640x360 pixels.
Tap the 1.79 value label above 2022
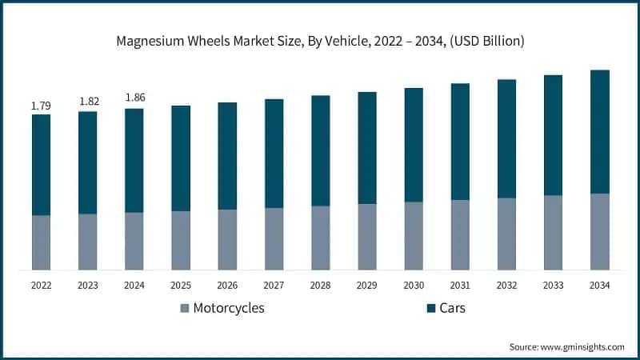tap(41, 106)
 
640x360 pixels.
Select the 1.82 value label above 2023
tap(88, 102)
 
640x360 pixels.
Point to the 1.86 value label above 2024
tap(134, 99)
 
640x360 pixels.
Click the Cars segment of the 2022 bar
tap(41, 165)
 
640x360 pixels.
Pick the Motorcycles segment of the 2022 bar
tap(41, 242)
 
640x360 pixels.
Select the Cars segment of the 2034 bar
tap(599, 132)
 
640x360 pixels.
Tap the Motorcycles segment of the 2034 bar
tap(599, 231)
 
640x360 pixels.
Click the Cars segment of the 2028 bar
tap(320, 151)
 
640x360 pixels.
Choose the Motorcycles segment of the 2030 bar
tap(414, 235)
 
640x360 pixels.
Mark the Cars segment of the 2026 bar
tap(227, 156)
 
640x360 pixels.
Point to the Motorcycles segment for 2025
tap(181, 240)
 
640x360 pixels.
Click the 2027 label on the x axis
tap(274, 285)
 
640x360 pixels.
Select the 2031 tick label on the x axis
tap(460, 285)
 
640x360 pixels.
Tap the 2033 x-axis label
tap(553, 285)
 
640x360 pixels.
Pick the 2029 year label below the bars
tap(367, 285)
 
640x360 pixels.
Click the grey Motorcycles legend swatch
tap(186, 308)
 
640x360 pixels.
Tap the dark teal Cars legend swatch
tap(432, 308)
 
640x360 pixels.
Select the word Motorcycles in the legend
tap(229, 308)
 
